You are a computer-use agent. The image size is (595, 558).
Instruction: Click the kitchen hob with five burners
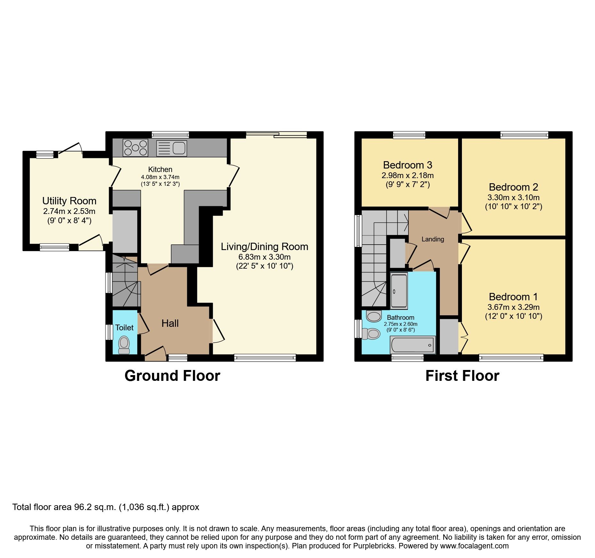click(135, 148)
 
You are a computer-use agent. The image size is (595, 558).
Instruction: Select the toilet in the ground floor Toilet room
click(124, 345)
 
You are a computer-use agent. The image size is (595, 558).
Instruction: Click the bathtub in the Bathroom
click(413, 345)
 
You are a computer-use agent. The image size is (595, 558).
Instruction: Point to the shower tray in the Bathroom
click(399, 291)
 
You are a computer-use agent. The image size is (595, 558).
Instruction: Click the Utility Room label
click(69, 201)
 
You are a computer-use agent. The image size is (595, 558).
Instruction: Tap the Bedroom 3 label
click(407, 165)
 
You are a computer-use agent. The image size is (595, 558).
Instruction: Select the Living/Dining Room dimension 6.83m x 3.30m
click(264, 257)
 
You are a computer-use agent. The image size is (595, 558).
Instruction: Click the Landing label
click(432, 239)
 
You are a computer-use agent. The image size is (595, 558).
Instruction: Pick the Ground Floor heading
click(172, 376)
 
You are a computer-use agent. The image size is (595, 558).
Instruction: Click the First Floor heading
click(462, 376)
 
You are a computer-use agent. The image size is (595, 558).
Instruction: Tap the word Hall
click(170, 323)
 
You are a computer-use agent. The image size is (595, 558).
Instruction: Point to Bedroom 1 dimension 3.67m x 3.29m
click(513, 307)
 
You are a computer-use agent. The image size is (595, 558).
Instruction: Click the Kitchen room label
click(160, 169)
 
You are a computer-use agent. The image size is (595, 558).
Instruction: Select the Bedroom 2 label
click(513, 187)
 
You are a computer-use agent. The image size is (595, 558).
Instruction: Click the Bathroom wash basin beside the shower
click(373, 316)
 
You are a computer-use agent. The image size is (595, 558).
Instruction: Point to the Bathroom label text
click(400, 318)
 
